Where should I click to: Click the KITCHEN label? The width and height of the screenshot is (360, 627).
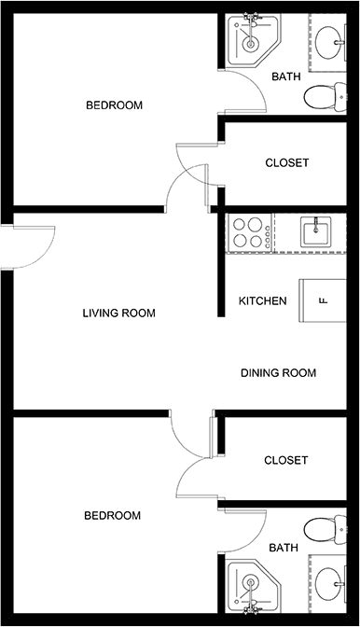point(262,300)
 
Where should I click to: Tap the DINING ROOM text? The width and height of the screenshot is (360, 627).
point(278,373)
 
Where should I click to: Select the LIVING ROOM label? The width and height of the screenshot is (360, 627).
point(119,313)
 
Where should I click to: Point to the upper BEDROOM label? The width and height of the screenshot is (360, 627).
point(115,105)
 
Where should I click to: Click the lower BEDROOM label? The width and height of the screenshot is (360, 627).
point(112,515)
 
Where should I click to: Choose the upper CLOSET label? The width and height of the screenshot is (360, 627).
point(287,162)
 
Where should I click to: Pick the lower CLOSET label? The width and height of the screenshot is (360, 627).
point(285,460)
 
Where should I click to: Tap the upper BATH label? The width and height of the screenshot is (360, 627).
point(285,77)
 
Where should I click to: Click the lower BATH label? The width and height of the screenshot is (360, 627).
point(284,548)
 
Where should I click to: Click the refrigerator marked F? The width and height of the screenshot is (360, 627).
point(323,300)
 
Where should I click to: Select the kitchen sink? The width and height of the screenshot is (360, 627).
point(315,232)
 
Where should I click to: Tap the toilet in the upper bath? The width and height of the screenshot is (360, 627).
point(325,96)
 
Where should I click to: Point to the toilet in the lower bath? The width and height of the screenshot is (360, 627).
point(325,529)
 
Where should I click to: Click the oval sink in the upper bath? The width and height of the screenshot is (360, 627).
point(330,43)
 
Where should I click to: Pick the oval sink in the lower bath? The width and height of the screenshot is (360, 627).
point(330,583)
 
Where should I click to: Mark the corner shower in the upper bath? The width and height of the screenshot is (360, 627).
point(254,39)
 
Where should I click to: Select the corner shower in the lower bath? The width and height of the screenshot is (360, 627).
point(254,586)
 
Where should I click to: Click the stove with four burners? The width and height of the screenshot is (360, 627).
point(249,232)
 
